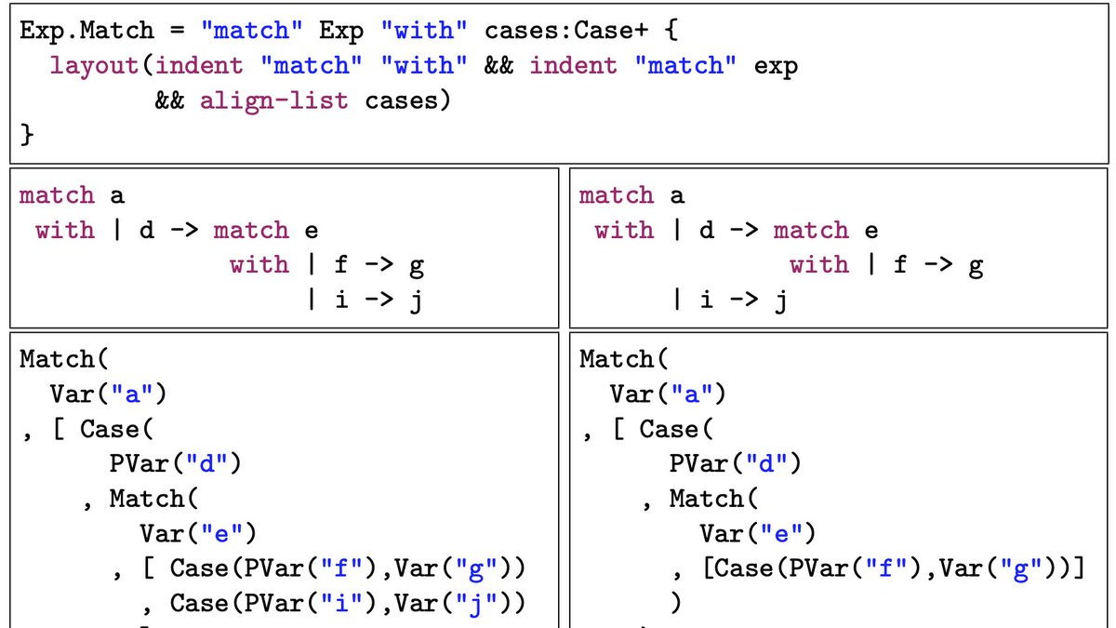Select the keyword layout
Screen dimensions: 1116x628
tap(95, 66)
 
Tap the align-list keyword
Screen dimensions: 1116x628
tap(274, 100)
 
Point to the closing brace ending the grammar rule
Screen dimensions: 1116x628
tap(28, 136)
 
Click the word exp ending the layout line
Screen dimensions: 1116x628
tap(776, 66)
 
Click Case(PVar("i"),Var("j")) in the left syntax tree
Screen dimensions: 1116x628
tap(348, 604)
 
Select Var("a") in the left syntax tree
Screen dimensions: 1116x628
tap(109, 394)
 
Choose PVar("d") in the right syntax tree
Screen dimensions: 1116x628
tap(735, 463)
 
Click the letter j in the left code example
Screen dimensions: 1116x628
tap(416, 301)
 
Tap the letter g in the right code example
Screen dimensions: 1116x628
tap(976, 266)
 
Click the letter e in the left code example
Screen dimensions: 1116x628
tap(310, 231)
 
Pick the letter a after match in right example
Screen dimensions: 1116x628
tap(677, 196)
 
